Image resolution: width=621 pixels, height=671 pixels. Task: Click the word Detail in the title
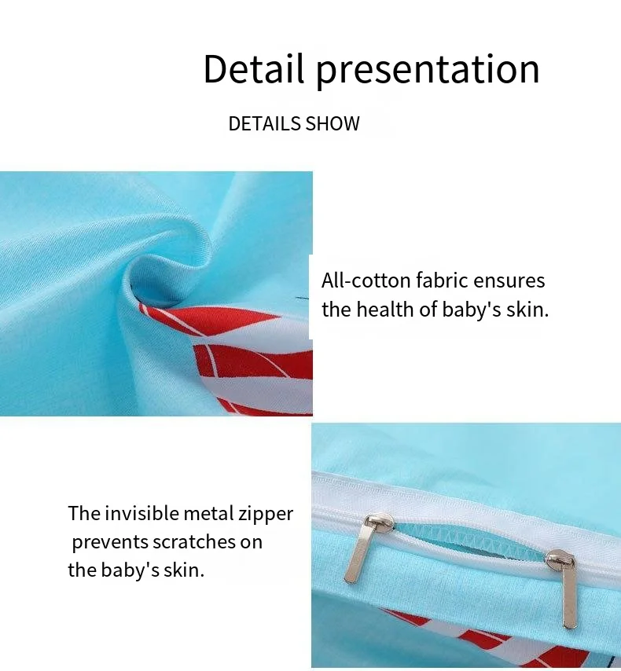pyautogui.click(x=254, y=68)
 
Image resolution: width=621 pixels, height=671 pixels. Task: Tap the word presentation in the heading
pyautogui.click(x=428, y=71)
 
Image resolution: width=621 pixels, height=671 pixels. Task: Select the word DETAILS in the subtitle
pyautogui.click(x=265, y=123)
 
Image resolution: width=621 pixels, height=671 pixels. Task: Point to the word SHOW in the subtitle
pyautogui.click(x=333, y=123)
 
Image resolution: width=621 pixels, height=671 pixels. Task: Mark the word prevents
pyautogui.click(x=109, y=543)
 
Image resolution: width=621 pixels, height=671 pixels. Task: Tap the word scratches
pyautogui.click(x=193, y=542)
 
